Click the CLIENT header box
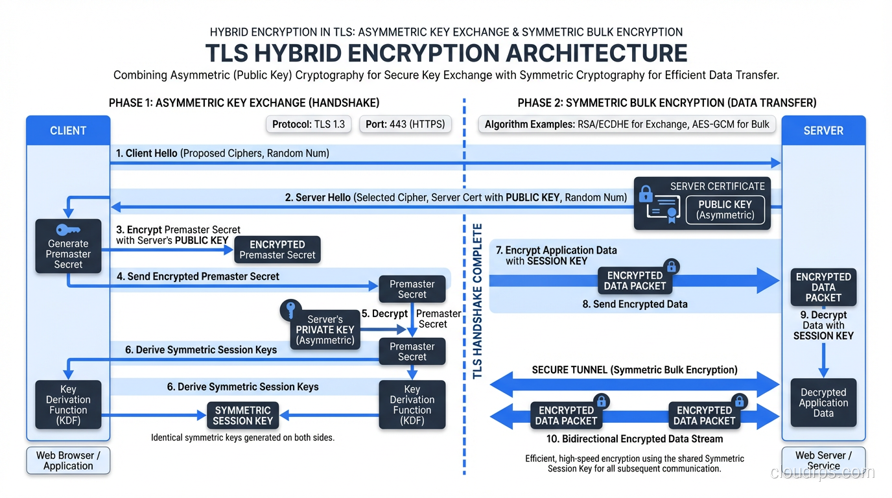[68, 130]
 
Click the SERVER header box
[823, 130]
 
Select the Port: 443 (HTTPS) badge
[405, 124]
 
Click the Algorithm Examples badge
[628, 124]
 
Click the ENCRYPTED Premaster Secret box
[277, 250]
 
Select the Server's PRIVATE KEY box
[325, 329]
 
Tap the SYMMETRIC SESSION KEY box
[242, 415]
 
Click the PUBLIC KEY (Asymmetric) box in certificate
[725, 209]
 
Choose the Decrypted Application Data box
[823, 403]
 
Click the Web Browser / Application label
[68, 460]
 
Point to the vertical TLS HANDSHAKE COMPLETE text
[478, 302]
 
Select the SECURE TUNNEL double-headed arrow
[634, 384]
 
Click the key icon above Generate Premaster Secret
[68, 230]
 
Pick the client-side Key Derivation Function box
[68, 405]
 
